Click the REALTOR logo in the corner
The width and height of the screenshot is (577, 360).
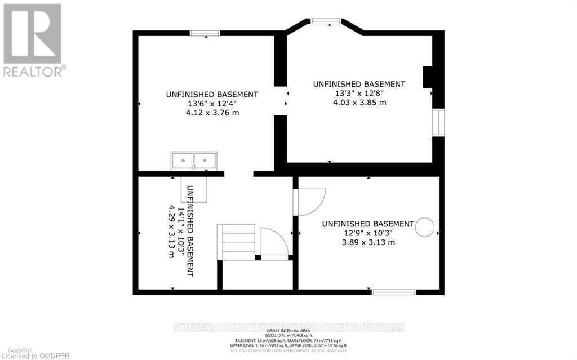[33, 39]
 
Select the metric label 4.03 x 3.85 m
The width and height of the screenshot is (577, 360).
[359, 103]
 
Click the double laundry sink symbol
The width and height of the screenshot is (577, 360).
[194, 161]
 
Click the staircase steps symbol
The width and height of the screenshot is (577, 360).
[237, 241]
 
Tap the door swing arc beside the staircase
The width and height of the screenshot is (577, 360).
[275, 242]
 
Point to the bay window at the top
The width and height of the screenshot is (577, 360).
[326, 22]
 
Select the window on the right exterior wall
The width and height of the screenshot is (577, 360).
[438, 123]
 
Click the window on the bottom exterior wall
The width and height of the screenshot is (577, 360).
[393, 292]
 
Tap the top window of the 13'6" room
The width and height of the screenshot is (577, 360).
[205, 33]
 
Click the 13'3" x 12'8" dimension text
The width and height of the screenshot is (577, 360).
[359, 94]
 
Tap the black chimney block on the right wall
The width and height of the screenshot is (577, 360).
[428, 77]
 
